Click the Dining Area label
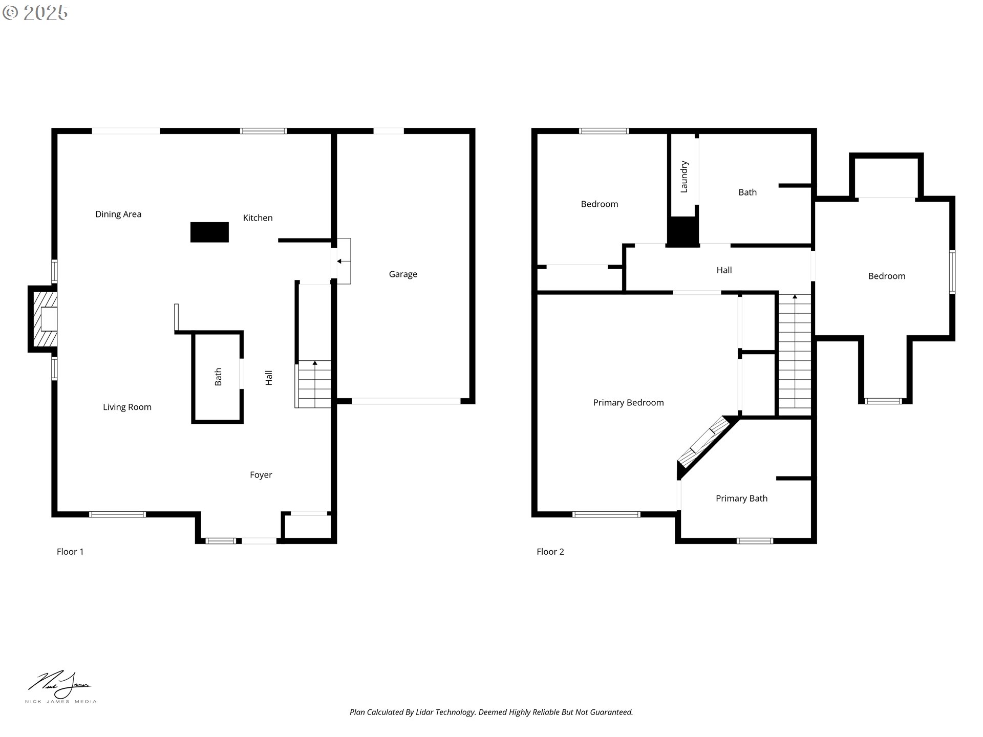pyautogui.click(x=118, y=214)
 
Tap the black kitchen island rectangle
pyautogui.click(x=209, y=232)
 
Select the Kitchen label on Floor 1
pyautogui.click(x=258, y=218)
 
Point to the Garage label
pyautogui.click(x=403, y=274)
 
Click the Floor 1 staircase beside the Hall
pyautogui.click(x=314, y=384)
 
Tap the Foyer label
pyautogui.click(x=261, y=475)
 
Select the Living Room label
pyautogui.click(x=127, y=407)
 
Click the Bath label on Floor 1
pyautogui.click(x=218, y=377)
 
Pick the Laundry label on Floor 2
pyautogui.click(x=684, y=177)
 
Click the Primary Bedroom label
pyautogui.click(x=628, y=403)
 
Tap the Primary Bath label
pyautogui.click(x=741, y=498)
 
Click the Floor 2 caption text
pyautogui.click(x=550, y=552)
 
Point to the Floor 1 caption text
pyautogui.click(x=70, y=552)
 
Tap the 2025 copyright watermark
pyautogui.click(x=36, y=13)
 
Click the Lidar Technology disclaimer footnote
pyautogui.click(x=491, y=712)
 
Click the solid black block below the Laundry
pyautogui.click(x=683, y=231)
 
